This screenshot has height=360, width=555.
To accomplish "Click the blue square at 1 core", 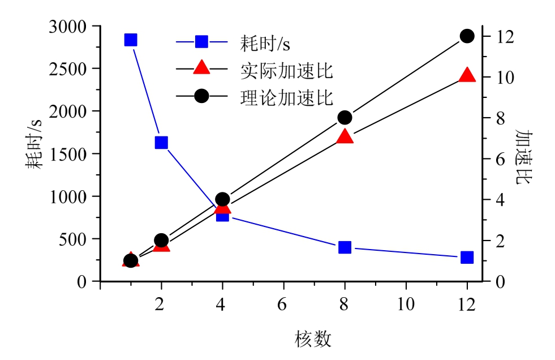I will [131, 40].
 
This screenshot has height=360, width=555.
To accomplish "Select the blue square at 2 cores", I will [161, 142].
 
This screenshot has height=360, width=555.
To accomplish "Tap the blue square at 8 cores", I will [345, 247].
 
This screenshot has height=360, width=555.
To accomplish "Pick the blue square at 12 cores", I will [467, 257].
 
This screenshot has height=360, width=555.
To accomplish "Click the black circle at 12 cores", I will [467, 36].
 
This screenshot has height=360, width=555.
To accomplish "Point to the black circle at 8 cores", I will [345, 118].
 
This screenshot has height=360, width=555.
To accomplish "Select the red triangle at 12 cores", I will [467, 76].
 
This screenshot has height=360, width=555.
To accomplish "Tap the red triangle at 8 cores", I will [345, 137].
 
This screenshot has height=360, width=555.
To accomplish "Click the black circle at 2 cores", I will [161, 240].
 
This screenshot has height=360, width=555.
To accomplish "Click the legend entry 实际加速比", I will [286, 70].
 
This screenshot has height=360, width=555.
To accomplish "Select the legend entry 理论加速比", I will [286, 97].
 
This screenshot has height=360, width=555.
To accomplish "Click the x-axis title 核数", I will [313, 339].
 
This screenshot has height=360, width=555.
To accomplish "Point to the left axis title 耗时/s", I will [35, 145].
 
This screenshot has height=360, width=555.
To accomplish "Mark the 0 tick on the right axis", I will [493, 281].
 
